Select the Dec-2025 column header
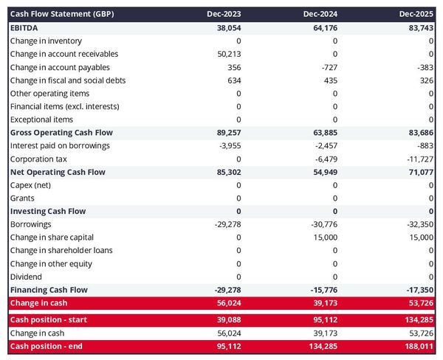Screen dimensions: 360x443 [x=416, y=14]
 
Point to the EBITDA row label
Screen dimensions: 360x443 [x=25, y=27]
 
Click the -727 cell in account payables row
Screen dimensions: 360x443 [x=329, y=67]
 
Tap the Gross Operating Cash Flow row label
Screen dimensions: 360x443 [x=62, y=133]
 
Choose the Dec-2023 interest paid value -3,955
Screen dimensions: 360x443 [x=229, y=146]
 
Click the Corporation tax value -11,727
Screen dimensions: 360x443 [x=419, y=159]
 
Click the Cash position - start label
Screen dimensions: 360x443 [x=48, y=320]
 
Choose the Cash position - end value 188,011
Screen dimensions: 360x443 [x=417, y=346]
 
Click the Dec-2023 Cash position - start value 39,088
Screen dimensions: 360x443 [x=227, y=320]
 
